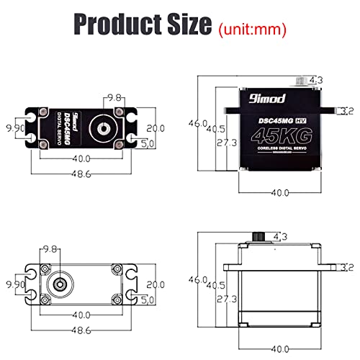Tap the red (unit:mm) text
pyautogui.click(x=251, y=30)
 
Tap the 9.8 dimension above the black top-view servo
pyautogui.click(x=114, y=97)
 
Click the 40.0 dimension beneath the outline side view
pyautogui.click(x=279, y=349)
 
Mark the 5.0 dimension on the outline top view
pyautogui.click(x=148, y=299)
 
